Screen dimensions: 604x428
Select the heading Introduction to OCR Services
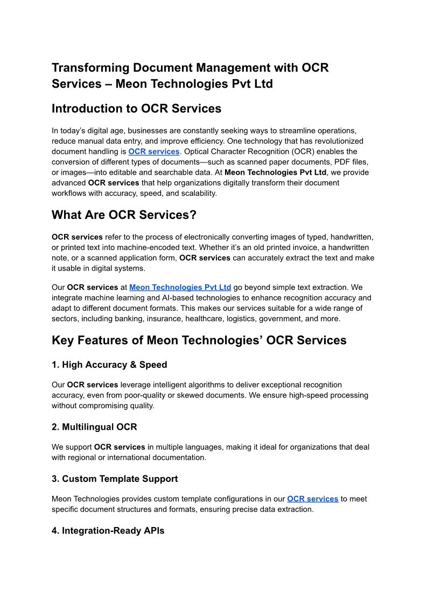pos(136,109)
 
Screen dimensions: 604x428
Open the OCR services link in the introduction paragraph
pos(153,152)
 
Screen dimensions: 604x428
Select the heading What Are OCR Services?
pos(124,215)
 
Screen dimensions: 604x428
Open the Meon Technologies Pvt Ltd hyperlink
pos(180,287)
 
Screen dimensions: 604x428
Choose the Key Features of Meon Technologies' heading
pos(199,340)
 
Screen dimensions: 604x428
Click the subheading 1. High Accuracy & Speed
pos(109,365)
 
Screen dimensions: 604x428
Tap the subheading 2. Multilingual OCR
pos(94,427)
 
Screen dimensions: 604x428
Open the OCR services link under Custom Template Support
pos(312,499)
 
